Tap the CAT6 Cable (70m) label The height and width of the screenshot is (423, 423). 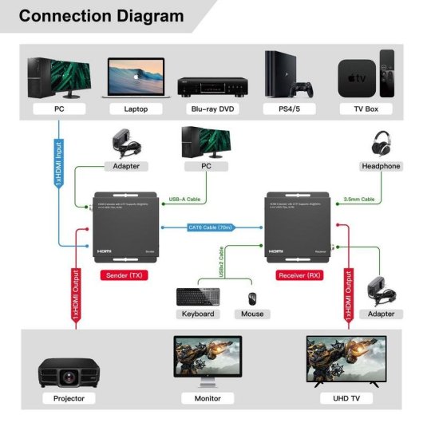tap(211, 227)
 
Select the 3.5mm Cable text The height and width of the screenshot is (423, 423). tap(359, 200)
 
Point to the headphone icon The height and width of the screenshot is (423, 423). tap(381, 144)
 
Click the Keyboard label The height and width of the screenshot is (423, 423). tap(198, 314)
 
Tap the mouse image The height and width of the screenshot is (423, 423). tap(252, 298)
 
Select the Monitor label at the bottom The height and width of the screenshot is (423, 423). tap(207, 397)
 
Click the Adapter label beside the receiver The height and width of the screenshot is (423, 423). tap(381, 314)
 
